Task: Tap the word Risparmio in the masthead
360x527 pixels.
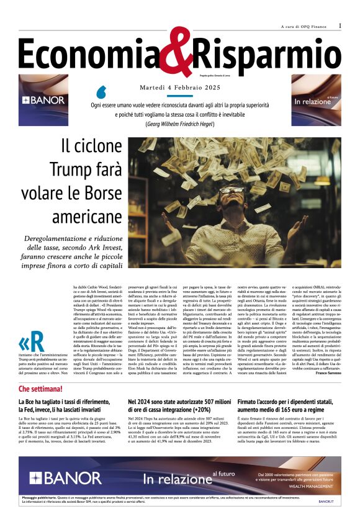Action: (267, 53)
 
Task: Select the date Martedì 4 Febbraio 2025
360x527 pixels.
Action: (179, 88)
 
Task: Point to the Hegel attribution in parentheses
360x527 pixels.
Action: (179, 124)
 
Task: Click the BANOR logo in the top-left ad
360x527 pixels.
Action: (43, 99)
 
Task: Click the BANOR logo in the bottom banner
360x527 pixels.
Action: (65, 478)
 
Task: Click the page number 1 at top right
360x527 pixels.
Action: (340, 25)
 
